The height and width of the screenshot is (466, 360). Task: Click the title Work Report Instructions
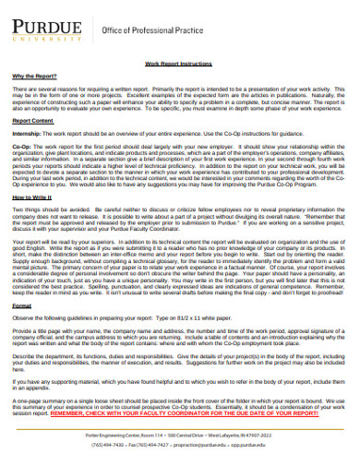(x=179, y=64)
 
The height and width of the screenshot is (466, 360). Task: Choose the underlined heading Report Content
(x=31, y=121)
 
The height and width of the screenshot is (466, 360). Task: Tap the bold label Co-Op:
(x=21, y=147)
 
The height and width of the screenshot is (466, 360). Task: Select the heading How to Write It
(x=31, y=197)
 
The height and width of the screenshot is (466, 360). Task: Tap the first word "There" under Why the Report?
(x=20, y=86)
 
